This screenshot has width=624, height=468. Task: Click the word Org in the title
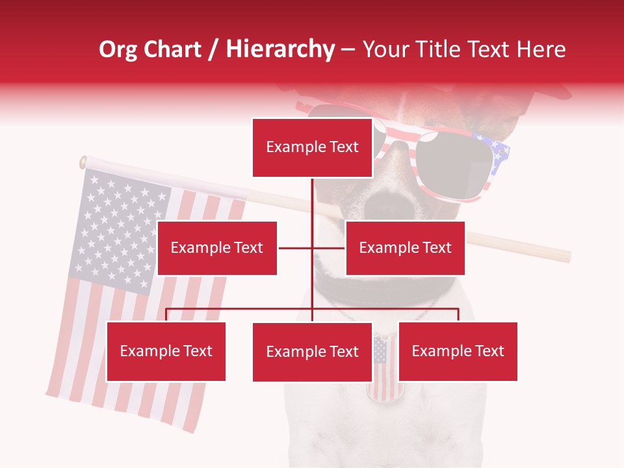tap(119, 49)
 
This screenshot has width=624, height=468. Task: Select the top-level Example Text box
tap(312, 148)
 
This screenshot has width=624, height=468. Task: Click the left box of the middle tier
tap(217, 248)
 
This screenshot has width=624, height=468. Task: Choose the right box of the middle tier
tap(405, 248)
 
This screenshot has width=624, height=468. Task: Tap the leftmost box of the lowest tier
tap(166, 352)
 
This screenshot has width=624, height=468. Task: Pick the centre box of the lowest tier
tap(312, 352)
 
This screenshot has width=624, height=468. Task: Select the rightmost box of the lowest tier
tap(458, 352)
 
